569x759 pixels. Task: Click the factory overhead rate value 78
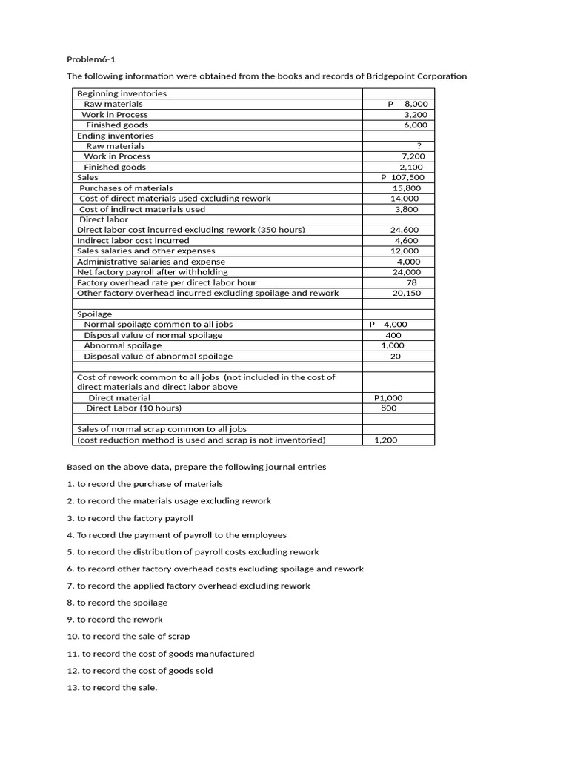tap(411, 282)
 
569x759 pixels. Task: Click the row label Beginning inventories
tap(122, 93)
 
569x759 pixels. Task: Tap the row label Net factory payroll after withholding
tap(153, 272)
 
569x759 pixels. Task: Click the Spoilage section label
tap(95, 314)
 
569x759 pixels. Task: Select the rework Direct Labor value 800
tap(388, 408)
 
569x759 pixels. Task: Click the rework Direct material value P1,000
tap(389, 397)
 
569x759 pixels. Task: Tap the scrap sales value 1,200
tap(386, 440)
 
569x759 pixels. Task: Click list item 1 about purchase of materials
tap(144, 484)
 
